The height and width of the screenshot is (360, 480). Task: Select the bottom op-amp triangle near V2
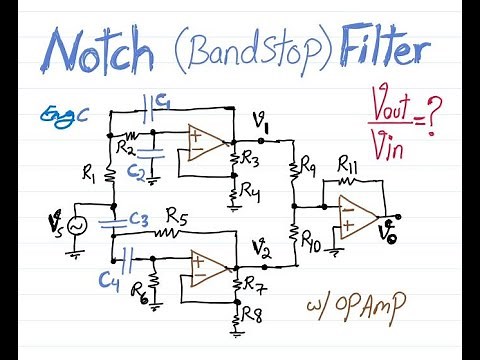point(207,265)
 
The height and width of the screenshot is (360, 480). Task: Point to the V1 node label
point(262,123)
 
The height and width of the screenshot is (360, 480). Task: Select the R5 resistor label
point(177,214)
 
